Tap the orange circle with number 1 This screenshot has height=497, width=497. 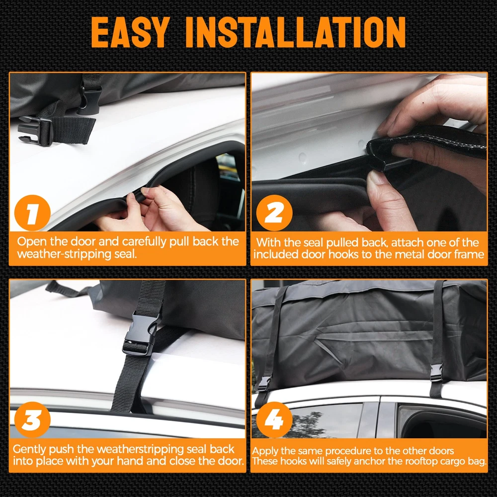[32, 213]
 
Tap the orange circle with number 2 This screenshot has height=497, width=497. [274, 213]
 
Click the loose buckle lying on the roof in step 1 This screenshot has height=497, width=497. [35, 130]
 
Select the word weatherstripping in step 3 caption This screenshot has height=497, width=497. [140, 449]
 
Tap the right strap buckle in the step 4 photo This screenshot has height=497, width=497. [436, 373]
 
